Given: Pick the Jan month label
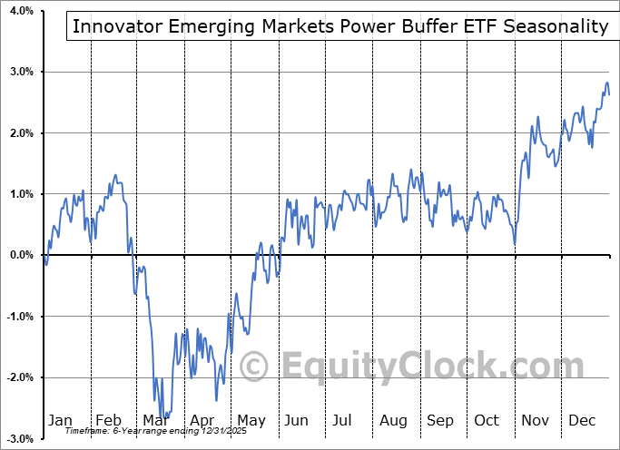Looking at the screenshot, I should tap(59, 420).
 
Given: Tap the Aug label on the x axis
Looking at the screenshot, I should tap(393, 420).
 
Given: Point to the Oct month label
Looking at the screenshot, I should tap(487, 420).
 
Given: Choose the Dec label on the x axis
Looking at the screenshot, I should tap(582, 420).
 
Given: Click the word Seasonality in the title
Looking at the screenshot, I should tap(556, 26).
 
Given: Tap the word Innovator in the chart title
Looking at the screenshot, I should tap(113, 26).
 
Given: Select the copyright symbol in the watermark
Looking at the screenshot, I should tap(253, 367).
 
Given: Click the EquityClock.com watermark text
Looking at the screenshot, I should tap(418, 367).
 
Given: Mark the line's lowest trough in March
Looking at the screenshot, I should tap(162, 416).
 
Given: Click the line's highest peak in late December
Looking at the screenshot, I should tap(606, 83).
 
